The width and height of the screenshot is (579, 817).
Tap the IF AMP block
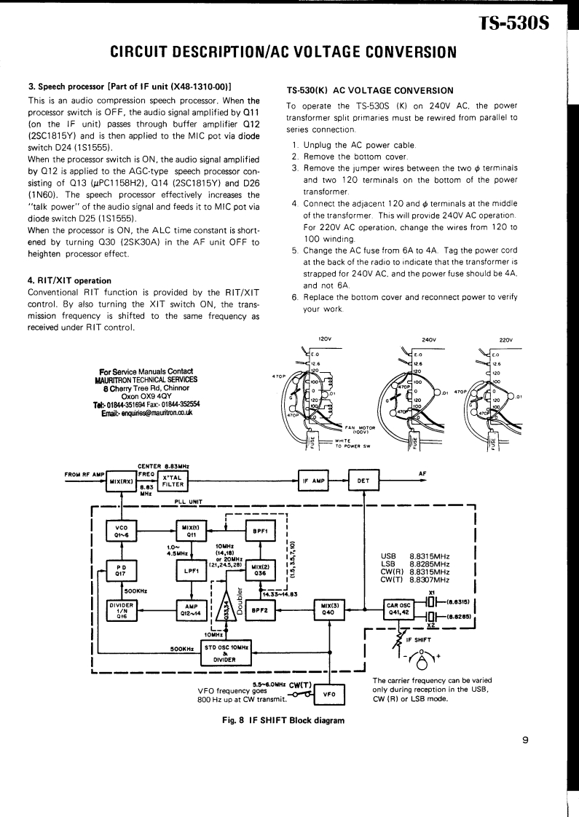pyautogui.click(x=314, y=481)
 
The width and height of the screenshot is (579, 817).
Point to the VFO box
pyautogui.click(x=328, y=694)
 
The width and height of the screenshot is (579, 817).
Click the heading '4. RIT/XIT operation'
pyautogui.click(x=69, y=280)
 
